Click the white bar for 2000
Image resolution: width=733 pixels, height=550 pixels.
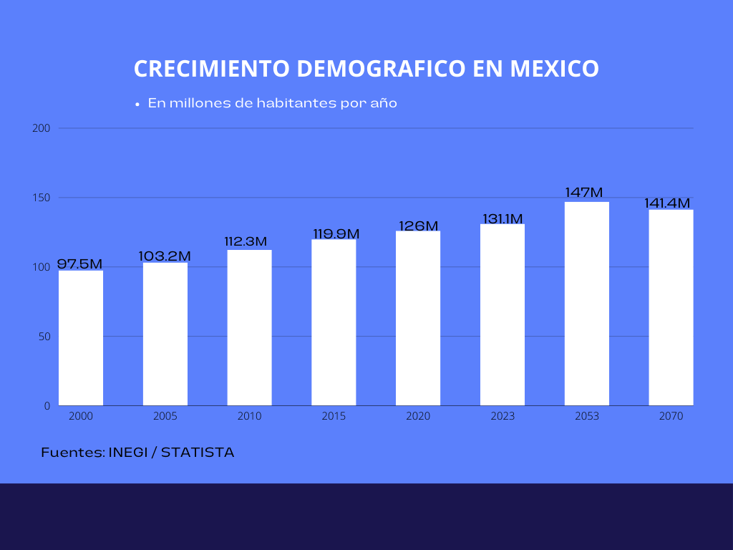(81, 337)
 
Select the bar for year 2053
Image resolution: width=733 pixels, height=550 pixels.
(587, 304)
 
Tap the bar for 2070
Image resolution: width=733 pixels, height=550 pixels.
(671, 307)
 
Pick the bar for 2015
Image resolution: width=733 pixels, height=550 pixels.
(334, 322)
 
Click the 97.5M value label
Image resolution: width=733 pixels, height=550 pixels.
(80, 264)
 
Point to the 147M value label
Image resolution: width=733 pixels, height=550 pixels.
(584, 193)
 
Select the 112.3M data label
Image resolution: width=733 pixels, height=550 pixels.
(246, 242)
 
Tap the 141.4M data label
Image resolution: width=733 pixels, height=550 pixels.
(667, 203)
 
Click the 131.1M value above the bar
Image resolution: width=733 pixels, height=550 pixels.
(503, 218)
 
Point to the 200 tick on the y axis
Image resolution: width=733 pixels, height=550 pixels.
(42, 128)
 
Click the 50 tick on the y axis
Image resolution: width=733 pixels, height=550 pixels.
(44, 337)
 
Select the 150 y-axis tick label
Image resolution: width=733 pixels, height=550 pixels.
(42, 198)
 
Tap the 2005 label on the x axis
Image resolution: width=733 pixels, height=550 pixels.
(165, 416)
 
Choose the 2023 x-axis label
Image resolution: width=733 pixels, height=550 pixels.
(503, 416)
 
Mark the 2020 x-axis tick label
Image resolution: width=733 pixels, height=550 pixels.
(418, 416)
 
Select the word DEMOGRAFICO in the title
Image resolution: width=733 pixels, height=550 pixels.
(379, 69)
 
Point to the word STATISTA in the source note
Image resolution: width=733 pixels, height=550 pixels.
(198, 453)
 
